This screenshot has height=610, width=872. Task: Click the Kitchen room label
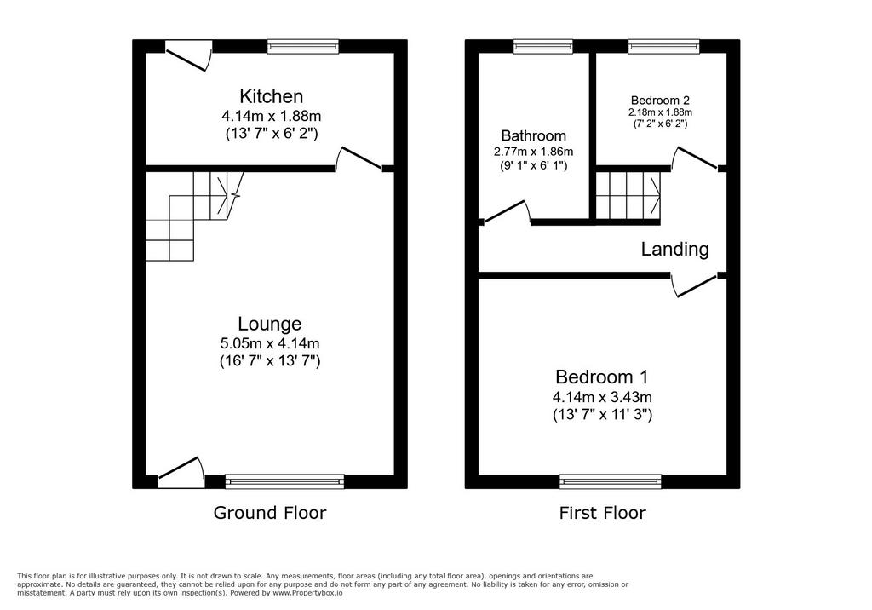pos(271,96)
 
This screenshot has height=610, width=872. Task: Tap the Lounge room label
pos(270,324)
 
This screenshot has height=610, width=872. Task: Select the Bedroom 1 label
pos(602,377)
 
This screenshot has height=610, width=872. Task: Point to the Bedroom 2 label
pos(660,101)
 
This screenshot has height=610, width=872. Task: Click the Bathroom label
pos(533,135)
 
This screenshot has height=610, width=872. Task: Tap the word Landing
pos(674,250)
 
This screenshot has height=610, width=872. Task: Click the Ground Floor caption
pos(270,513)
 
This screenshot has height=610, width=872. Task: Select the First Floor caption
pos(602,513)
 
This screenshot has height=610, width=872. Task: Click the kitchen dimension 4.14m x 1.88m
pos(272,117)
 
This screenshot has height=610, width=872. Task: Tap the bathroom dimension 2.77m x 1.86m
pos(533,152)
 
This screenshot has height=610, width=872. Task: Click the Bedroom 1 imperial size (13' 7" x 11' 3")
pos(602,415)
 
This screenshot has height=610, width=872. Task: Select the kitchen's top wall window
pos(302,46)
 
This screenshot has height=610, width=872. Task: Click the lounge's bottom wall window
pos(284,481)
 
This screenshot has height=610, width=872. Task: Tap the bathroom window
pos(542,46)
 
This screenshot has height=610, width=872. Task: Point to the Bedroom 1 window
pos(611,481)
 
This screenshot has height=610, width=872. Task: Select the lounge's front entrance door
pos(181,473)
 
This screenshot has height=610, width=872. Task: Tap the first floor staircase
pos(628,196)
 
